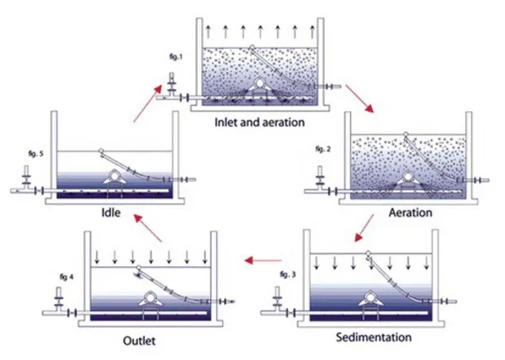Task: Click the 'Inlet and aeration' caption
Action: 259,122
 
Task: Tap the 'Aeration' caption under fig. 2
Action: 411,213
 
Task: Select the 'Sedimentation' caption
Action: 374,337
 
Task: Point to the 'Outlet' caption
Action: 139,341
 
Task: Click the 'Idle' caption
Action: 111,213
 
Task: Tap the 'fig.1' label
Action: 176,56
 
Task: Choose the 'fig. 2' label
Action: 323,149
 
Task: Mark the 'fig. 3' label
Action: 288,274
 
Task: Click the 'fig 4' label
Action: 66,277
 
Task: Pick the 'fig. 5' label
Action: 35,154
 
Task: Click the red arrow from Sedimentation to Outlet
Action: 263,260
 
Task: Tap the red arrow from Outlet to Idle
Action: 148,228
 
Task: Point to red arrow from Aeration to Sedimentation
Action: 364,228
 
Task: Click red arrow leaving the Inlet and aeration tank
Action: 359,98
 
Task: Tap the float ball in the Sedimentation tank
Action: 368,253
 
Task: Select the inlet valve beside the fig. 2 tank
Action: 320,177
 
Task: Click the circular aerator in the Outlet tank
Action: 150,298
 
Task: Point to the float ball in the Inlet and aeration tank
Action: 252,48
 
